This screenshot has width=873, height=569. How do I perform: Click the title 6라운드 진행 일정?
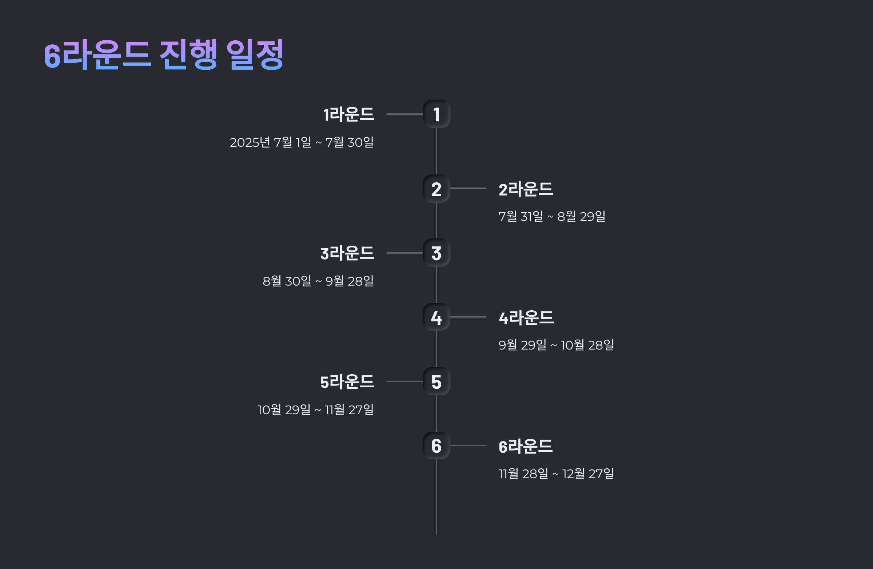164,55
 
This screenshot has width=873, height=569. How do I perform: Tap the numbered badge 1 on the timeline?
436,114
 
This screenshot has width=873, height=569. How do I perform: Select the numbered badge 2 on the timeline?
436,189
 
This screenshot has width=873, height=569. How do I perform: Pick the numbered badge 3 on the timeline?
436,253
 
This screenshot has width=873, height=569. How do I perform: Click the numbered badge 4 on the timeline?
436,317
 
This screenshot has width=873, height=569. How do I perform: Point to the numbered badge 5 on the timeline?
436,382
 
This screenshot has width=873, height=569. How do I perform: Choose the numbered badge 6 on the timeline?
436,446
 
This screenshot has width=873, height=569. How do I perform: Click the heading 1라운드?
348,114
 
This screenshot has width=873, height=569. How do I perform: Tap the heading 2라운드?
526,189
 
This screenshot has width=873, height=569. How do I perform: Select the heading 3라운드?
347,253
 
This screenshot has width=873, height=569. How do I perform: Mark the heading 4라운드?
526,318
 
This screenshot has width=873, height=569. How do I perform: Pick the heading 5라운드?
347,382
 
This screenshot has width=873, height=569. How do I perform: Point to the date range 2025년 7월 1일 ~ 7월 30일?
302,142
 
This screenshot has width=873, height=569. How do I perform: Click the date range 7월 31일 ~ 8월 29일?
552,217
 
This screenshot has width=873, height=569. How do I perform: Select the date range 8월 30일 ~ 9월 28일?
318,281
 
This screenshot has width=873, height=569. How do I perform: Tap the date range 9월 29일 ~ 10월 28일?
556,345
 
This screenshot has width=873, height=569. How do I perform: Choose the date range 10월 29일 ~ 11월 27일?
315,409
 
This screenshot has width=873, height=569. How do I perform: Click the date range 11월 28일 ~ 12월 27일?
556,474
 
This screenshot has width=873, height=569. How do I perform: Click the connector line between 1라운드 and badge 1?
404,114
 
